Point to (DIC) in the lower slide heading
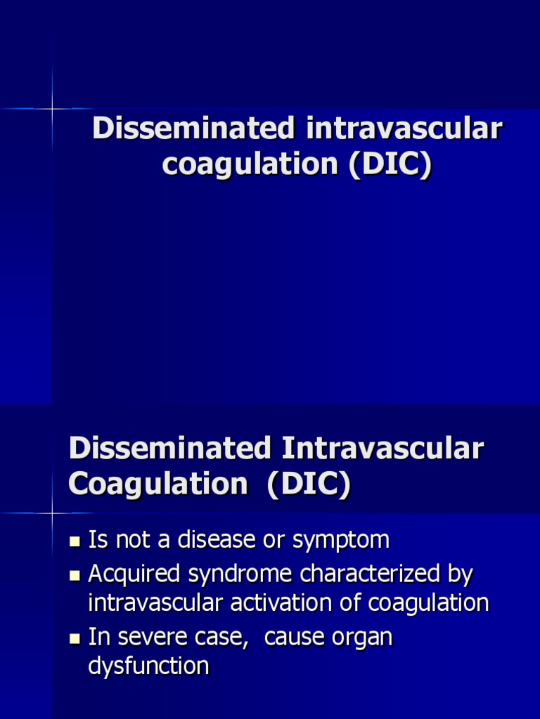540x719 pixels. tap(309, 485)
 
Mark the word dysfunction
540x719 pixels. tap(148, 666)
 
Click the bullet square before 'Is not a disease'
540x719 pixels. tap(75, 541)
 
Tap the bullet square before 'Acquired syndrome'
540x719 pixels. tap(75, 576)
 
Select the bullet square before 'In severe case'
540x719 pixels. tap(75, 639)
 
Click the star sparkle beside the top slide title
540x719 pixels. tap(52, 109)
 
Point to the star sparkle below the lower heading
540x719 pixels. tap(52, 513)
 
